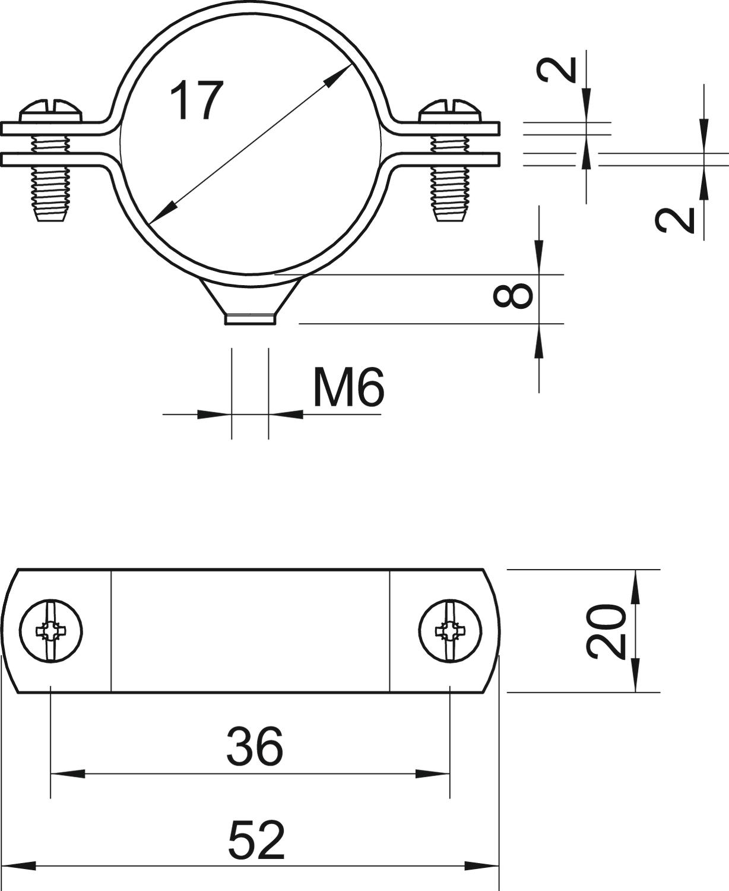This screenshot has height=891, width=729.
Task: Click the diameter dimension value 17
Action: [x=195, y=101]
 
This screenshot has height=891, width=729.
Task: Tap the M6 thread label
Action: [x=349, y=387]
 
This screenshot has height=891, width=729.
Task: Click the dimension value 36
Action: [x=255, y=745]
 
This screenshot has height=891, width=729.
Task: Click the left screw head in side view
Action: [x=50, y=111]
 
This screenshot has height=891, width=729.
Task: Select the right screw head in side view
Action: [x=450, y=111]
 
